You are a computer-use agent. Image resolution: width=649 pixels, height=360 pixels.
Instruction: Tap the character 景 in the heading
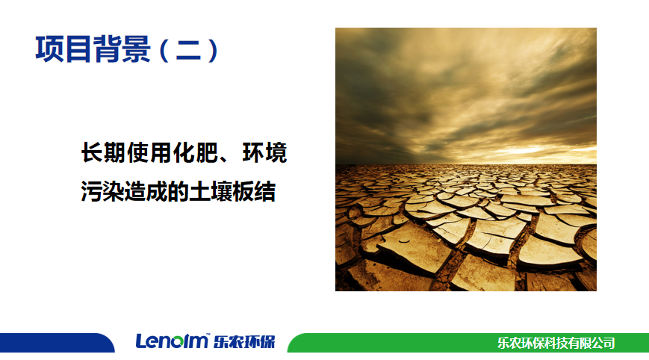pyautogui.click(x=137, y=49)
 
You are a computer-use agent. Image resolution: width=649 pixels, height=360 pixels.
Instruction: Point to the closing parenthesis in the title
pyautogui.click(x=213, y=50)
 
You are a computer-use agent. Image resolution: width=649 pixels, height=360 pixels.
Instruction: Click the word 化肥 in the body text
pyautogui.click(x=195, y=152)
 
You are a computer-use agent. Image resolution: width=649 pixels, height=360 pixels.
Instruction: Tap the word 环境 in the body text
pyautogui.click(x=264, y=152)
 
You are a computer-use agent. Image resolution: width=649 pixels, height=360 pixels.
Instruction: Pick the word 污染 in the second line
pyautogui.click(x=102, y=191)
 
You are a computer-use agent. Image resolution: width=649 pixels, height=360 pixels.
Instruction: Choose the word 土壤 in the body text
pyautogui.click(x=211, y=191)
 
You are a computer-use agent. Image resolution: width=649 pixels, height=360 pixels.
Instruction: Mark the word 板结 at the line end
pyautogui.click(x=254, y=191)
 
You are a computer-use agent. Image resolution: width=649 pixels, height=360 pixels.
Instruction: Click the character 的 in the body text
pyautogui.click(x=178, y=191)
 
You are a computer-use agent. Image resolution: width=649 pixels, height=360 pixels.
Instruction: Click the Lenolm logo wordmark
pyautogui.click(x=172, y=341)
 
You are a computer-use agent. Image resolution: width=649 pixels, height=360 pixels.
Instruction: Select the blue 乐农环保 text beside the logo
pyautogui.click(x=244, y=342)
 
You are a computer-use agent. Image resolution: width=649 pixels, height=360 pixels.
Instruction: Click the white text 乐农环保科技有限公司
pyautogui.click(x=556, y=343)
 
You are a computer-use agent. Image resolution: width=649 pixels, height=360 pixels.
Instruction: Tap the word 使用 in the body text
pyautogui.click(x=149, y=152)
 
